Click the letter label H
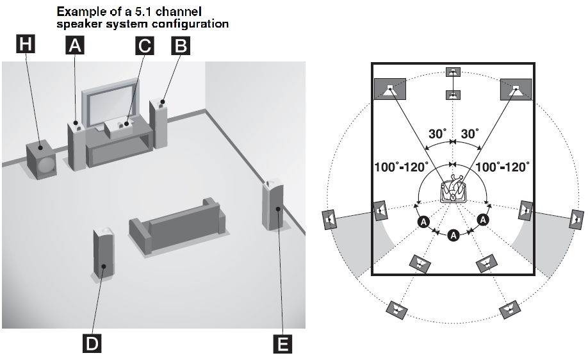pos(26,44)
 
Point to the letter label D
pos(92,344)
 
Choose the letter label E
pos(281,344)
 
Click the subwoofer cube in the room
pos(40,160)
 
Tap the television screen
pos(113,104)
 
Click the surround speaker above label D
pos(104,253)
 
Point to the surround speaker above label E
pos(273,205)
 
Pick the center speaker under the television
pos(123,127)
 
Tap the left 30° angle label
pos(437,135)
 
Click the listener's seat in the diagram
pos(453,192)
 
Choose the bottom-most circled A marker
pos(453,236)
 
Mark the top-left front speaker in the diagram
pos(389,89)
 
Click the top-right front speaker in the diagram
pos(516,89)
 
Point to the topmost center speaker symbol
pos(453,72)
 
